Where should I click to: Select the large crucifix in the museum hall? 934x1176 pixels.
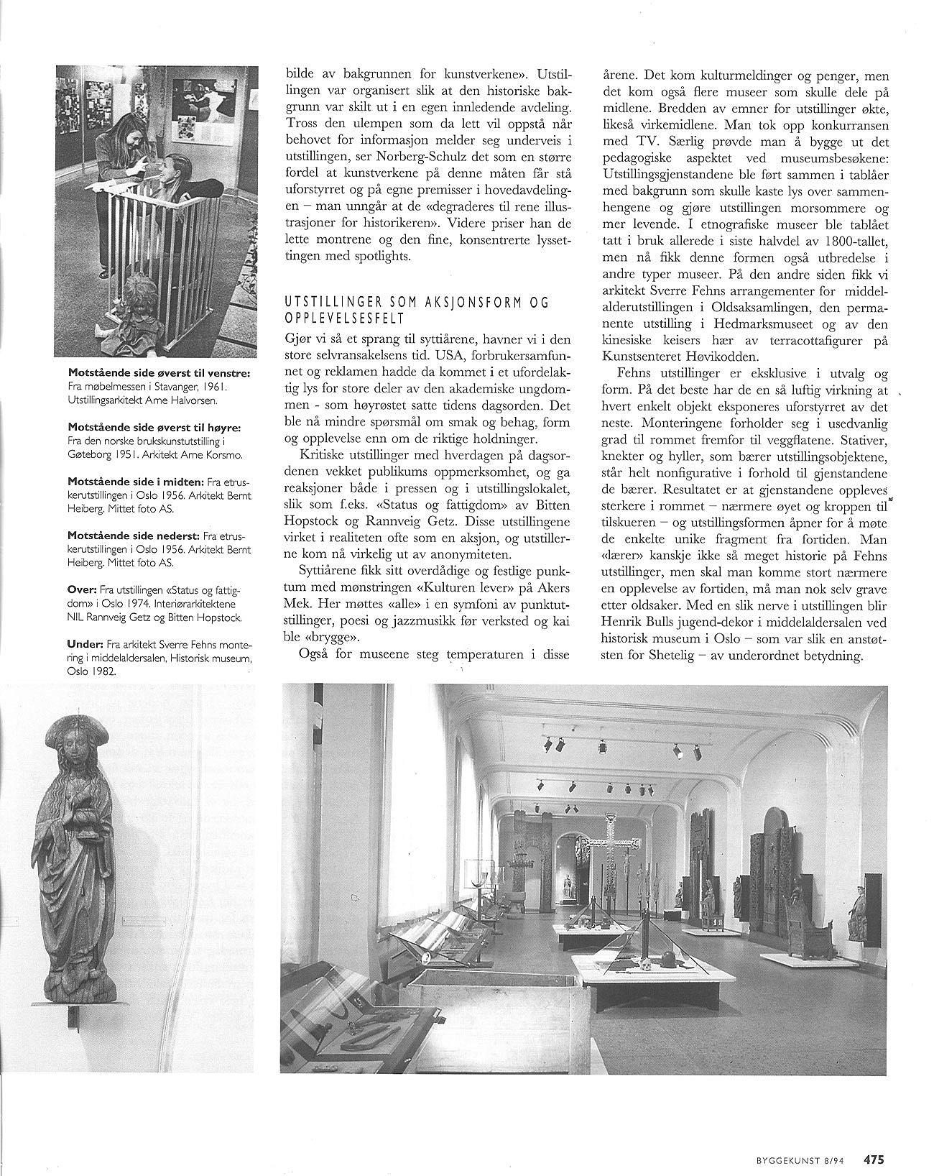(608, 841)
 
